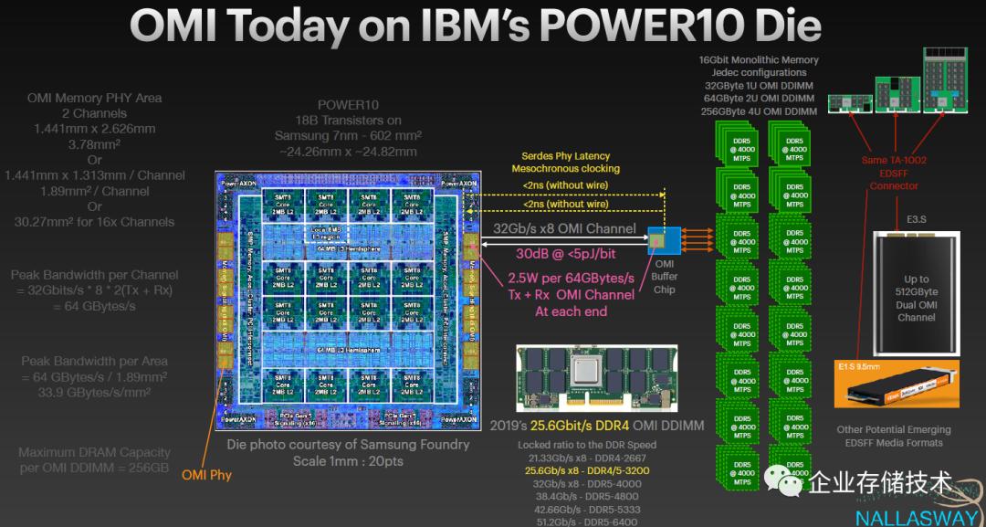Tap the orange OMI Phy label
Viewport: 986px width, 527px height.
(x=206, y=474)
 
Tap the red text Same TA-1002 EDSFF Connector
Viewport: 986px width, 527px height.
(x=893, y=173)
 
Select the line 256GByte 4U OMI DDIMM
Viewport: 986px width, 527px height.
(x=759, y=111)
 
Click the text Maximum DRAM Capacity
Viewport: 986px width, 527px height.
(x=94, y=452)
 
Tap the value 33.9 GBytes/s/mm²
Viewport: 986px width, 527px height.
(x=94, y=394)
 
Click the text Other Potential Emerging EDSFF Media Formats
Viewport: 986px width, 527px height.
(x=893, y=436)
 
